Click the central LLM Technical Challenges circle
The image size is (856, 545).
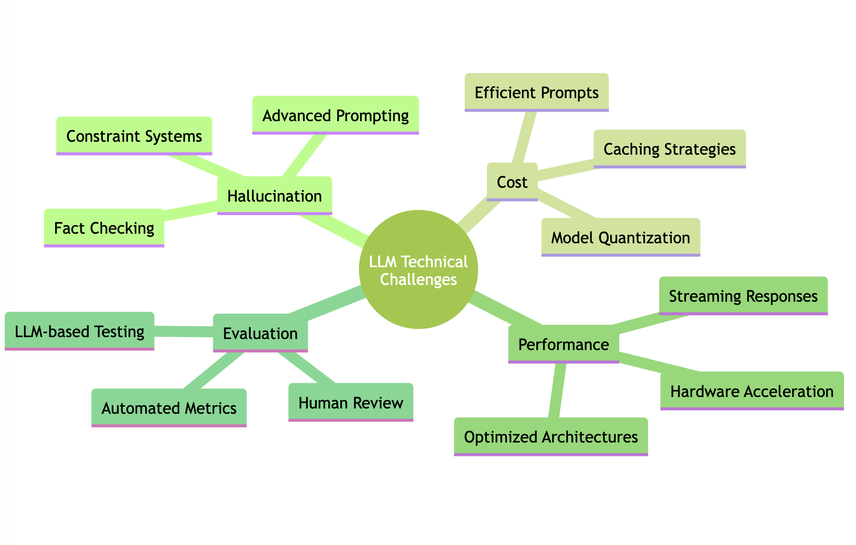[418, 270]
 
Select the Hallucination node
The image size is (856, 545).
[274, 195]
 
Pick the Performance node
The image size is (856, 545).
[563, 344]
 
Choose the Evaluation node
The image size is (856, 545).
[260, 333]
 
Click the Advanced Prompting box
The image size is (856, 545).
[335, 115]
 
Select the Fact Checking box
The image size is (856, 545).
[104, 227]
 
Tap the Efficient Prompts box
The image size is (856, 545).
[536, 92]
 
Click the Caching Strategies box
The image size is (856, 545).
[669, 148]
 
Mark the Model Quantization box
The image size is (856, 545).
[620, 237]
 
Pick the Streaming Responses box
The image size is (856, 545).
[743, 295]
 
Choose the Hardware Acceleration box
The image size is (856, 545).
[752, 391]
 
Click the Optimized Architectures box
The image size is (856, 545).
[551, 436]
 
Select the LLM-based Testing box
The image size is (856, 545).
[80, 331]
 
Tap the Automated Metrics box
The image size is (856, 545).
[169, 408]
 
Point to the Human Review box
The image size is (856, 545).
[350, 402]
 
